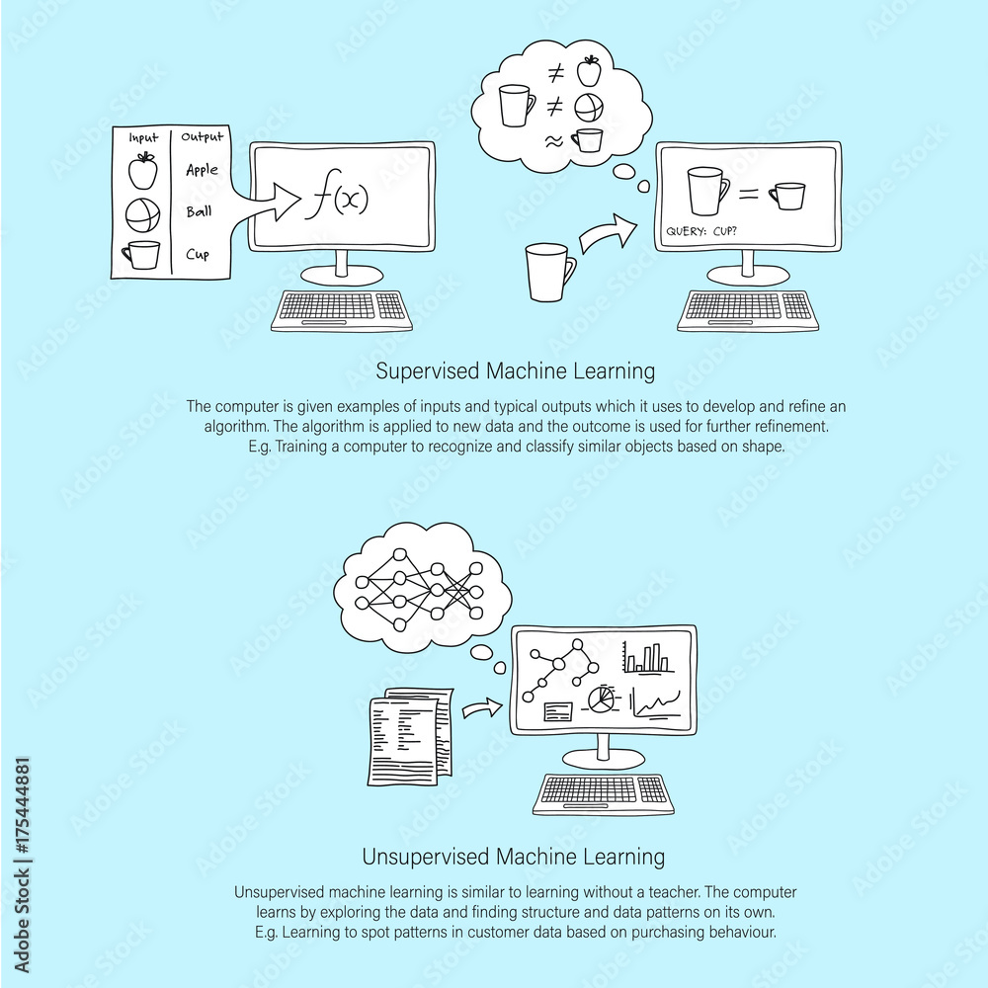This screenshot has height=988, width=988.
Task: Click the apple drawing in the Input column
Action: click(x=143, y=170)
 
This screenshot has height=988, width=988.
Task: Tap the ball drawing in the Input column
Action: click(x=142, y=213)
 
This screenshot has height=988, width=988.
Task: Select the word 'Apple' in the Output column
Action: click(x=203, y=170)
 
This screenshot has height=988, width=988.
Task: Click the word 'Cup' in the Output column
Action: click(x=198, y=255)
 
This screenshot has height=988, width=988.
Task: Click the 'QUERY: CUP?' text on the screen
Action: click(x=703, y=233)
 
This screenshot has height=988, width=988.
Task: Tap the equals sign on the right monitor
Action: click(x=748, y=195)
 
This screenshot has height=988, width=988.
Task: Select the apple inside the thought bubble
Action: click(x=590, y=69)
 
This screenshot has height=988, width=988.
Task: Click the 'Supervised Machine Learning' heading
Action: click(x=516, y=371)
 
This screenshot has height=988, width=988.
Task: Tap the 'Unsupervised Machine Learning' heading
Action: click(x=513, y=856)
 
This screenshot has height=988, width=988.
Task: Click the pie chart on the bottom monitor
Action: click(x=599, y=700)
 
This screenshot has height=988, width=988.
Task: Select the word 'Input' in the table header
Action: click(x=144, y=138)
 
